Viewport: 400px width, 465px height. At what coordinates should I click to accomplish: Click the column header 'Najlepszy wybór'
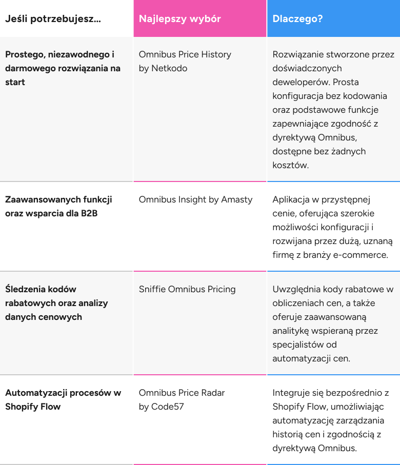point(179,19)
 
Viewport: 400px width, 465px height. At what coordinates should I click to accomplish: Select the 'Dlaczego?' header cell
point(297,19)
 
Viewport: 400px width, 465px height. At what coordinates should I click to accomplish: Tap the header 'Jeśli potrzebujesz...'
point(53,19)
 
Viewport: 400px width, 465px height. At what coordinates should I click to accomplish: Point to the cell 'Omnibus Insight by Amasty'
point(195,199)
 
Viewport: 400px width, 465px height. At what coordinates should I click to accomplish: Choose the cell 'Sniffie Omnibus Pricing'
point(187,289)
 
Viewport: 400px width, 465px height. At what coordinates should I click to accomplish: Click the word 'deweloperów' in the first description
point(298,82)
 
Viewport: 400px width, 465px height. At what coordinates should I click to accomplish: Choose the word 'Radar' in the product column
point(212,393)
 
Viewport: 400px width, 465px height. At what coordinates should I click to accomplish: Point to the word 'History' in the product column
point(215,54)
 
